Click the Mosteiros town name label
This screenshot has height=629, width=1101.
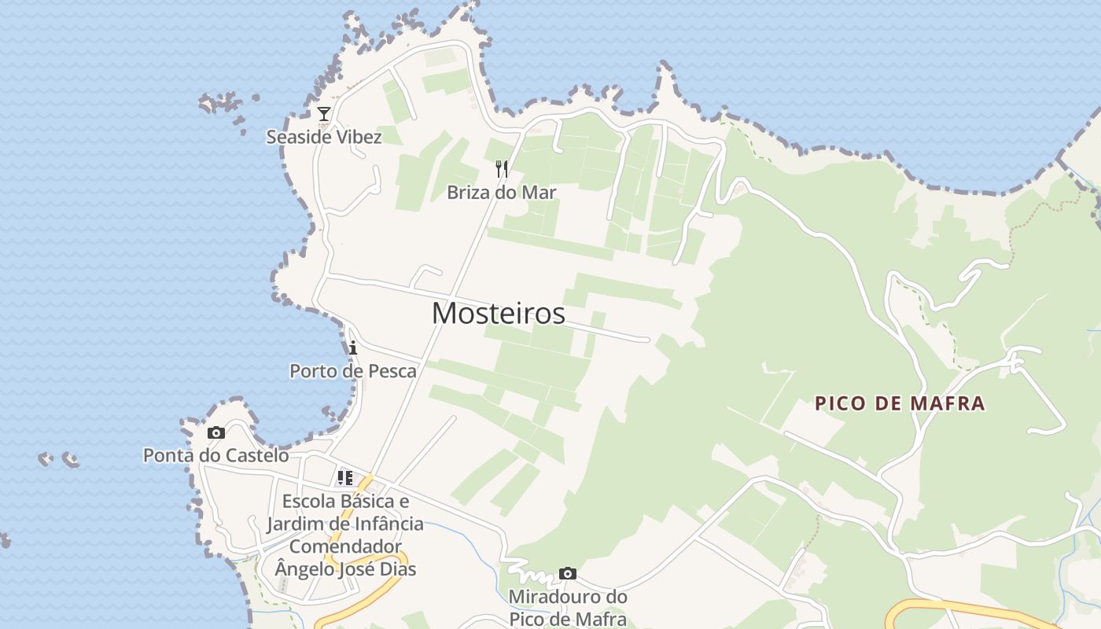(x=498, y=313)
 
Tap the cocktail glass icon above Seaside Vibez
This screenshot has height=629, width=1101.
(x=324, y=114)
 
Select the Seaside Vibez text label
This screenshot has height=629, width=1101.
(x=323, y=137)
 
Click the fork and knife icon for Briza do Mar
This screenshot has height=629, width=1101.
(x=502, y=168)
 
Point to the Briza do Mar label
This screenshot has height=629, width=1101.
(x=501, y=192)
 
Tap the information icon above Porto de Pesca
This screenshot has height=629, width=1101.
(x=353, y=348)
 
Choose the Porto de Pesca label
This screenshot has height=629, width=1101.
(x=353, y=370)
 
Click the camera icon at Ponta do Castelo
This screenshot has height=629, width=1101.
(x=215, y=432)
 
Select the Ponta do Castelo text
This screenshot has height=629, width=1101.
(x=215, y=455)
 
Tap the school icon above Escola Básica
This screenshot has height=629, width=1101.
(x=345, y=477)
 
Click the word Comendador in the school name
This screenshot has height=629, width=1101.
(x=345, y=546)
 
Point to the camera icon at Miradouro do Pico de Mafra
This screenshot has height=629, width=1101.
(x=568, y=573)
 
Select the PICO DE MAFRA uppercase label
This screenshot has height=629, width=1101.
(x=900, y=403)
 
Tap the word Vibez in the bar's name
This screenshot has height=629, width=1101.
(x=359, y=137)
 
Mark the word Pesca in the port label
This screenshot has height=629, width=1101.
(x=392, y=370)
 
